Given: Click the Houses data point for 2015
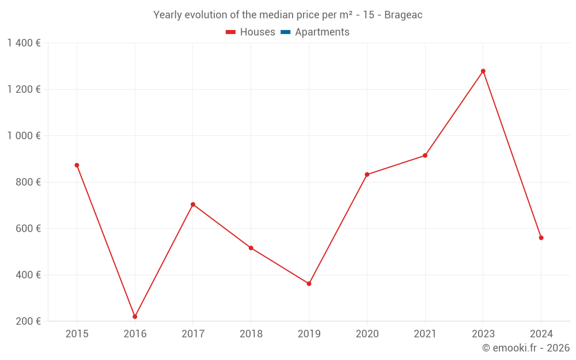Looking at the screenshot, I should [77, 165].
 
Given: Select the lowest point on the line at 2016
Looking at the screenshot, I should [135, 316].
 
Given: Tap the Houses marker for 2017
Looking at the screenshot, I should [193, 204].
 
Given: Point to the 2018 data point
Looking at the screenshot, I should [251, 248].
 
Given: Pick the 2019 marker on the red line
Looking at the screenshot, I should [309, 283].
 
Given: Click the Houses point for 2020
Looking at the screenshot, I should [367, 175].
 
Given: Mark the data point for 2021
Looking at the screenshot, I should [425, 156].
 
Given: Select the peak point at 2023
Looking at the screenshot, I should [483, 71].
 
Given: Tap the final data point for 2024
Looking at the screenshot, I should [541, 238].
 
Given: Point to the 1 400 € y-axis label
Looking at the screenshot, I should [24, 43].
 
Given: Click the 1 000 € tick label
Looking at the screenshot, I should [24, 136].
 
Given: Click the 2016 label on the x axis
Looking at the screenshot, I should [135, 334].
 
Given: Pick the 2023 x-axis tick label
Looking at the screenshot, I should [483, 334].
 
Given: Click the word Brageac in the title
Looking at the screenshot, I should [403, 15].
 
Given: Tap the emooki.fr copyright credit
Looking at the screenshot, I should [526, 348].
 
